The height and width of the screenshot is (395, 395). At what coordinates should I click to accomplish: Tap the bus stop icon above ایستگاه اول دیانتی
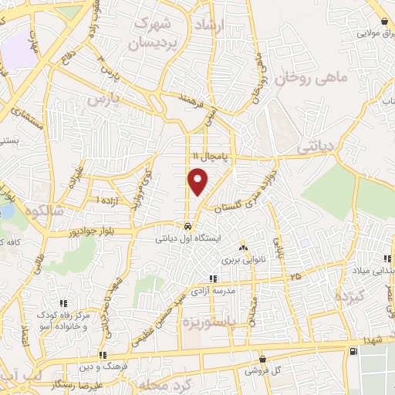click(x=188, y=227)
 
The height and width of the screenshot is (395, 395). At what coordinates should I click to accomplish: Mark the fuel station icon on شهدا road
click(x=353, y=352)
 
